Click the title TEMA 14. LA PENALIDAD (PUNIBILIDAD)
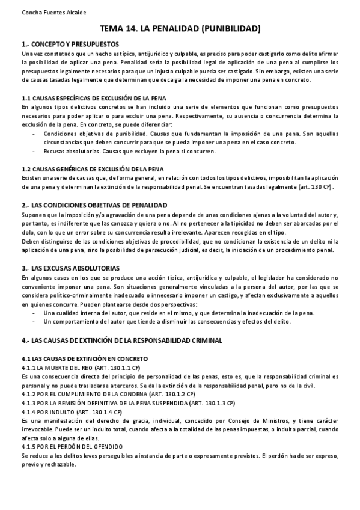180,28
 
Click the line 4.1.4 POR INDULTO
71,412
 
